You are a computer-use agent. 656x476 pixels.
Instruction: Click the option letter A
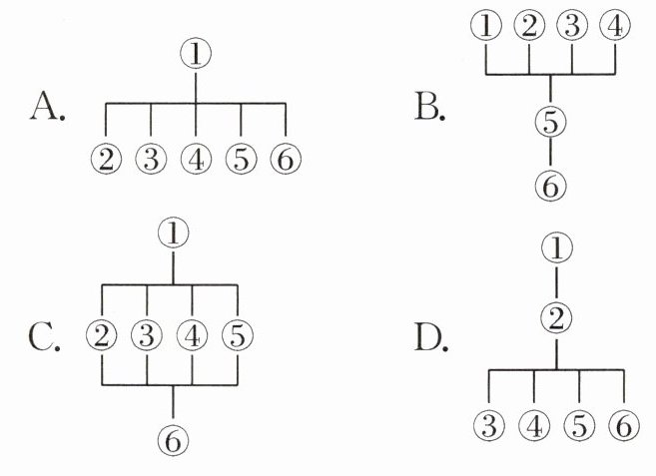(48, 106)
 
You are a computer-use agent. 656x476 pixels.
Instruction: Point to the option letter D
(431, 338)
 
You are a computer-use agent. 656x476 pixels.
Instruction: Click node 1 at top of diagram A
(195, 55)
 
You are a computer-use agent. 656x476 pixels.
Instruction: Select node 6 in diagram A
(286, 159)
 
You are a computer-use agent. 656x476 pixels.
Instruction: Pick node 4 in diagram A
(196, 159)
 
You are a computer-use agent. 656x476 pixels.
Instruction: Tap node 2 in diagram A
(105, 159)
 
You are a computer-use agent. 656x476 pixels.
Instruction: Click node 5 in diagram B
(551, 124)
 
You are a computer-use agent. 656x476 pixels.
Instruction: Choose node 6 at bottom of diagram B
(551, 186)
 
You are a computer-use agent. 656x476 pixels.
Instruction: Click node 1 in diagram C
(175, 234)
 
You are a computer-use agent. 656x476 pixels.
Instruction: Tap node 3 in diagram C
(148, 334)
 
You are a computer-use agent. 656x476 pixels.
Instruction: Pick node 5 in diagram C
(238, 334)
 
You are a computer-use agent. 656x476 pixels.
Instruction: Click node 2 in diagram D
(555, 319)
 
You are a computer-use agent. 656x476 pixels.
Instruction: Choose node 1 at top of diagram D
(555, 246)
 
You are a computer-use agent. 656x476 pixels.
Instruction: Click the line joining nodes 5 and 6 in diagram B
(551, 155)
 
